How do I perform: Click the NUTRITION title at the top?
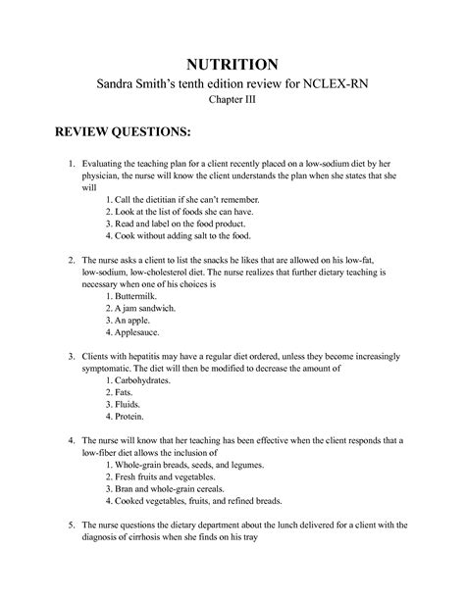coord(232,62)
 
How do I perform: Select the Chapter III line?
coord(232,103)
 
